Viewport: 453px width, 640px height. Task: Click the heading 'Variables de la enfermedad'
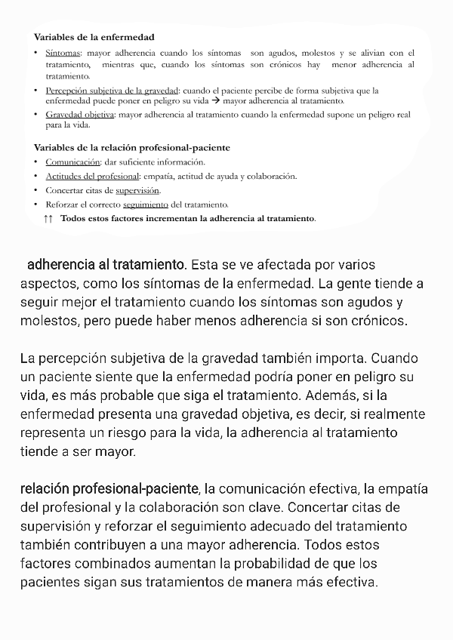[94, 36]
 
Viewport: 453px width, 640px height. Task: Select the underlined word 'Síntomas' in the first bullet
[63, 53]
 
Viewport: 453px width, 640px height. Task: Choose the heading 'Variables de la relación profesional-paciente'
[132, 147]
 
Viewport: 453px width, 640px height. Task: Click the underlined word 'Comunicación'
[72, 162]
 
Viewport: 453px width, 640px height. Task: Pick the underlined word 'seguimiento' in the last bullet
[146, 204]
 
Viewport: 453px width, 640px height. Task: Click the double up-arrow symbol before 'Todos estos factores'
[49, 218]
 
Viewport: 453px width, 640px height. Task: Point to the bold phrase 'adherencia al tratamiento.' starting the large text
[106, 265]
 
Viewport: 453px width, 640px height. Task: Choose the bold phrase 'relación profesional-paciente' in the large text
[109, 488]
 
